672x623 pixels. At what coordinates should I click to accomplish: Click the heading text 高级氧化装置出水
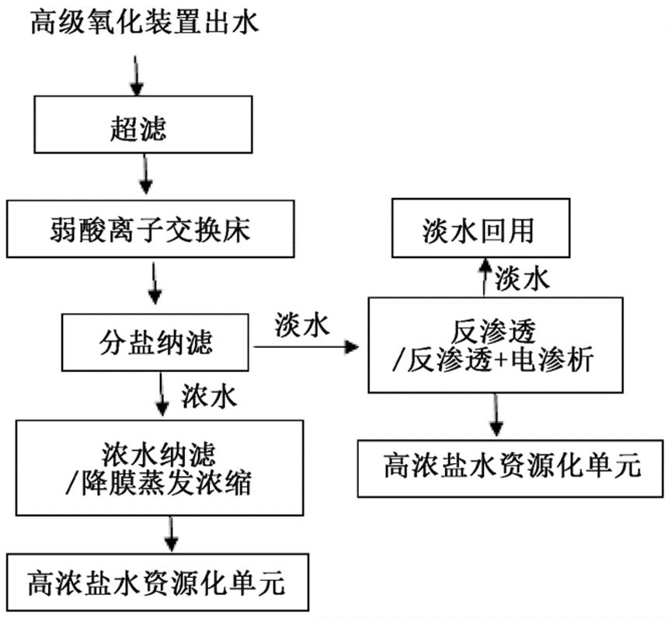click(143, 23)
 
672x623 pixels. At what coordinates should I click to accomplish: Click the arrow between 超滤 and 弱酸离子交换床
click(145, 176)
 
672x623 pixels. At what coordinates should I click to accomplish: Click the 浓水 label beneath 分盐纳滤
click(208, 396)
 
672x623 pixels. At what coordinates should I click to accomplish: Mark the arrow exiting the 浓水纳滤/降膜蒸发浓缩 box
click(172, 534)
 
